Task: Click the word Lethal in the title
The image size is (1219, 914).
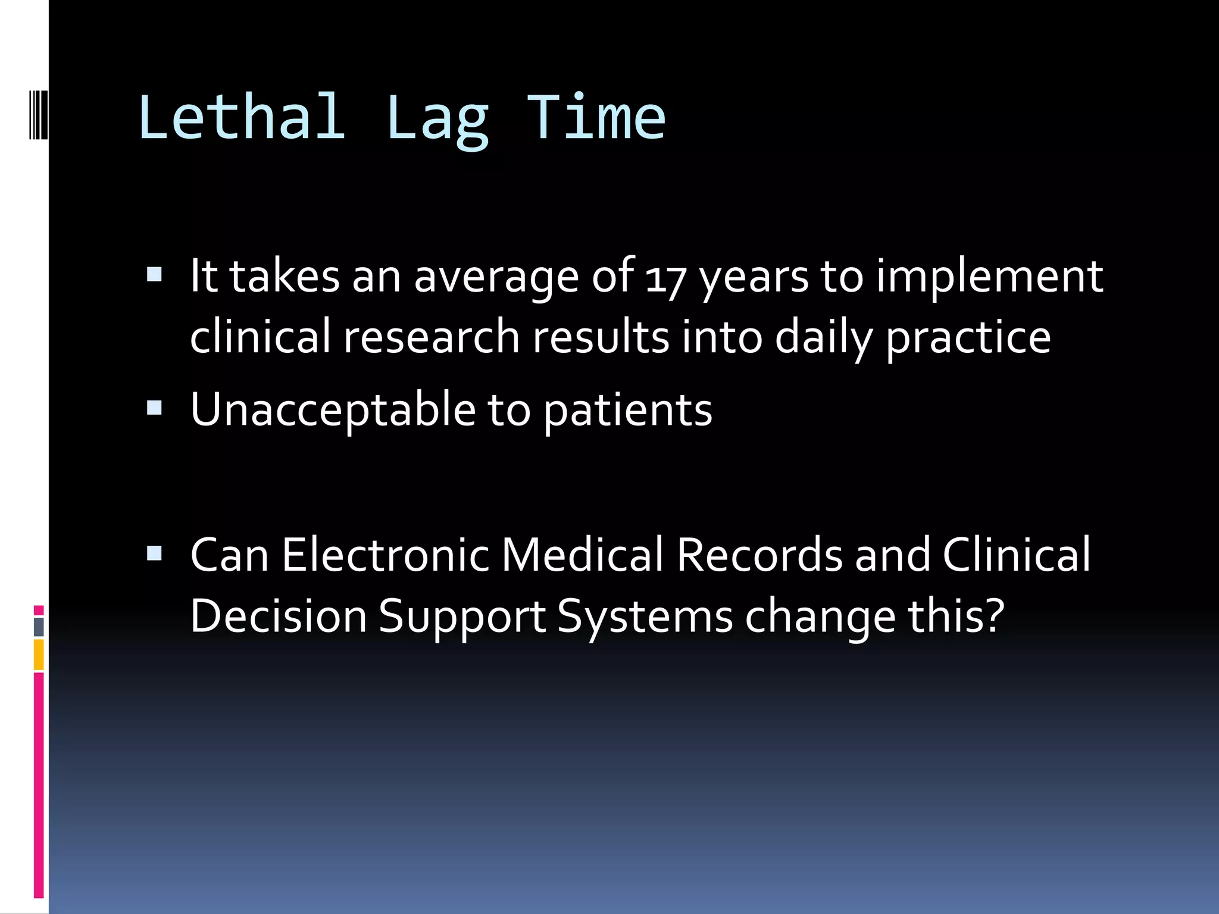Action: click(x=242, y=117)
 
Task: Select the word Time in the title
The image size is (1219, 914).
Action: click(x=596, y=117)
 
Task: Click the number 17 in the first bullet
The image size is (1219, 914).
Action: click(x=665, y=278)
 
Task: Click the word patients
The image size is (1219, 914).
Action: click(x=628, y=411)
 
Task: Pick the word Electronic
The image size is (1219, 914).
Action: click(x=385, y=555)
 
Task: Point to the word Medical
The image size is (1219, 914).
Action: click(x=582, y=555)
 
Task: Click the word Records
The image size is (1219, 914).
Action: click(x=759, y=555)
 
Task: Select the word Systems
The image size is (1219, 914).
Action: click(x=645, y=617)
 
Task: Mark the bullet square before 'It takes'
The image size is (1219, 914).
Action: click(x=154, y=274)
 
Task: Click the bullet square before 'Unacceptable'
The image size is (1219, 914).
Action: click(x=154, y=408)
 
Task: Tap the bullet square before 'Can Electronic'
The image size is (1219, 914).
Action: click(x=154, y=553)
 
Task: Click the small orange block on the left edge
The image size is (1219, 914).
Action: click(x=39, y=655)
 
